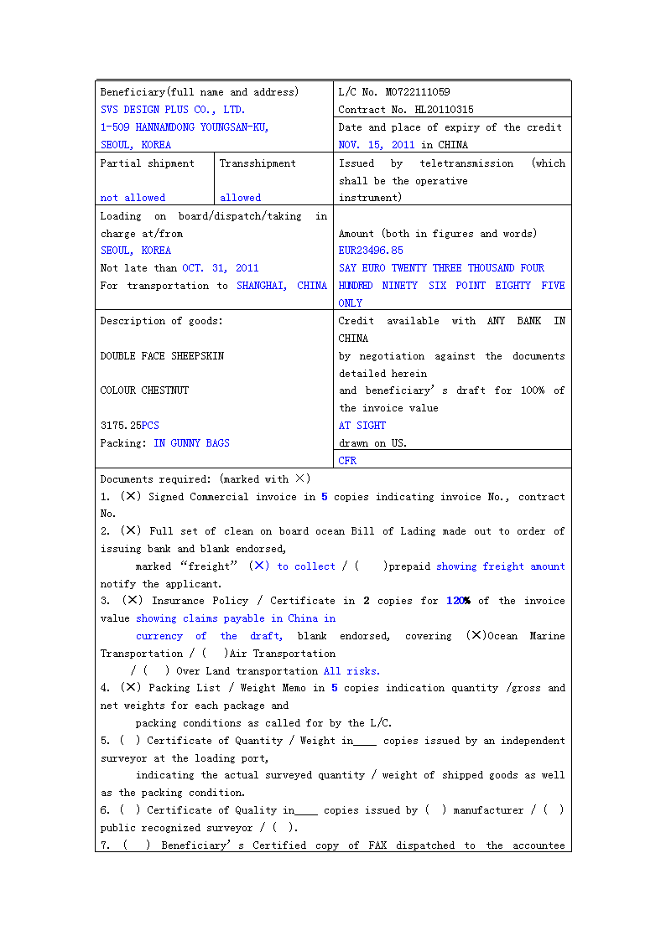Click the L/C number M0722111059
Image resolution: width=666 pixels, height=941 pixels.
coord(418,92)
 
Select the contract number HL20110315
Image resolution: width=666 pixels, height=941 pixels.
coord(444,110)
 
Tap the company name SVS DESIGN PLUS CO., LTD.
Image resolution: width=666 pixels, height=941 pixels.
coord(173,110)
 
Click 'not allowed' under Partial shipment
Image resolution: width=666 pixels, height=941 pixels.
coord(133,198)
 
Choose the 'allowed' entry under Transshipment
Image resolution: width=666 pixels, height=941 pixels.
coord(240,198)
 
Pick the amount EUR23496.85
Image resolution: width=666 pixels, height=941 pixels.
coord(371,251)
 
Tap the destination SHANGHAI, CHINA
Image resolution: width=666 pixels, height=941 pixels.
coord(281,286)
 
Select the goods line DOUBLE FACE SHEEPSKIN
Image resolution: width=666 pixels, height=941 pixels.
coord(162,356)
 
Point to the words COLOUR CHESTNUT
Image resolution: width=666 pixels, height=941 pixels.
coord(144,390)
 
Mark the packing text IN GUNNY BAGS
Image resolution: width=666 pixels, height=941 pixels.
coord(191,443)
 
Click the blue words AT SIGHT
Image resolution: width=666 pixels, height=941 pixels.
coord(362,426)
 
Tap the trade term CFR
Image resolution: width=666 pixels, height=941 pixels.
coord(347,461)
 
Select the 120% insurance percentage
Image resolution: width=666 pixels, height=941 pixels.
coord(458,601)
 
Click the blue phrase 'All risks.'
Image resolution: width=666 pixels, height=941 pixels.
coord(351,671)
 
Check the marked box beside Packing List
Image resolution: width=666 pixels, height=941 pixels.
coord(132,688)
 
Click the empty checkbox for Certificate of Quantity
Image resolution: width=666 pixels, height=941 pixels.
coord(131,741)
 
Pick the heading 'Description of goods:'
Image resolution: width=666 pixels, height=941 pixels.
coord(162,321)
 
